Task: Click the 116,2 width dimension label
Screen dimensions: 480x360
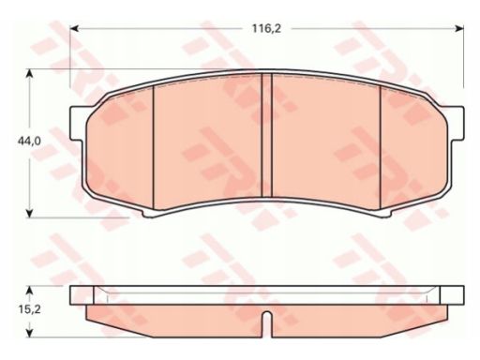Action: click(x=266, y=29)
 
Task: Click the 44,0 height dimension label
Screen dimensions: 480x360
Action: click(x=29, y=142)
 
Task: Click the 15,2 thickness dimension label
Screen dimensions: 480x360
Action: click(x=29, y=309)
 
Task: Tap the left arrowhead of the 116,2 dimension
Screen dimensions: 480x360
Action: click(x=74, y=29)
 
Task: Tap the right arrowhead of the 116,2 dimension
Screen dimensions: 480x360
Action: click(x=460, y=29)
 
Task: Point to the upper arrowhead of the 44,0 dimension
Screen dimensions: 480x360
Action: click(x=29, y=73)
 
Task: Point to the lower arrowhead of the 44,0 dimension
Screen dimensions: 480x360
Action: click(x=29, y=213)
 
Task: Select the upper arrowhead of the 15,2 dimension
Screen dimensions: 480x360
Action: click(x=29, y=290)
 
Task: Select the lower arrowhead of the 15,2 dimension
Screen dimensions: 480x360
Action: click(x=29, y=333)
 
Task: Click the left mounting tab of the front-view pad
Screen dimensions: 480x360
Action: click(x=78, y=123)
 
